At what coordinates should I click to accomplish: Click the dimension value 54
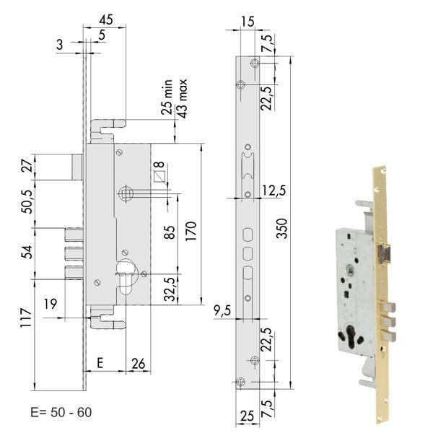27,252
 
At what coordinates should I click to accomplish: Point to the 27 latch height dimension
27,167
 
